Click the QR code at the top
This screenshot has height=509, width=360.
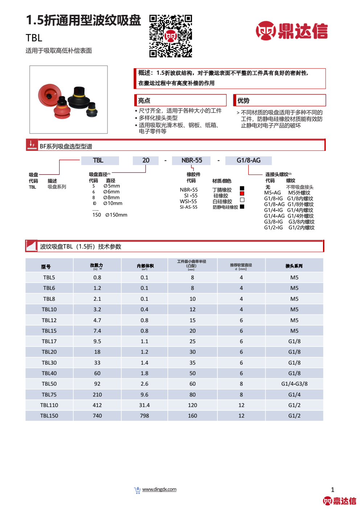[x=171, y=36]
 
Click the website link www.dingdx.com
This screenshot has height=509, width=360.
[x=159, y=489]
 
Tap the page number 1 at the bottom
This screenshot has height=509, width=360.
[x=332, y=490]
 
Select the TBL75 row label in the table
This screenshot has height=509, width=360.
[x=49, y=395]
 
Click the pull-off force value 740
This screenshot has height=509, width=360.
[x=97, y=416]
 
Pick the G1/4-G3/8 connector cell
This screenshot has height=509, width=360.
[x=294, y=384]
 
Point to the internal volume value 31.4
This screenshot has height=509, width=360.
[x=144, y=405]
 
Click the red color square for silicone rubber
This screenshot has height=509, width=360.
[x=242, y=194]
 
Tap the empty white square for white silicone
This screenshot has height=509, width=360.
[x=242, y=200]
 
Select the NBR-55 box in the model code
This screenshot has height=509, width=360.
[x=192, y=160]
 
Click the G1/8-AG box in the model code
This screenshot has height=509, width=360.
[x=249, y=160]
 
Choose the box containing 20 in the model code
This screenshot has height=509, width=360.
[x=146, y=160]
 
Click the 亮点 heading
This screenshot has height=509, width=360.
[x=144, y=100]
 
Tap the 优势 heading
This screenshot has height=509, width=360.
[x=244, y=100]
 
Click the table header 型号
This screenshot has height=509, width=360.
[x=46, y=267]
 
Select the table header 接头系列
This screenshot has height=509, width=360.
[x=294, y=266]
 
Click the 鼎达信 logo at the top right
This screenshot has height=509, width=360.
[x=292, y=31]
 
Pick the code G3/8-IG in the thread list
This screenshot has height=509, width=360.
[x=273, y=222]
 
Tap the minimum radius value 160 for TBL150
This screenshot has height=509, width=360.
[x=192, y=416]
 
